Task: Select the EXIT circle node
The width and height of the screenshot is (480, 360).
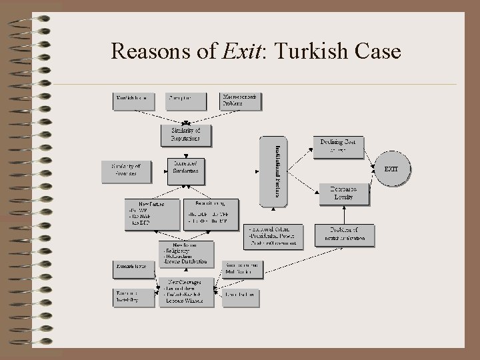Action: [391, 169]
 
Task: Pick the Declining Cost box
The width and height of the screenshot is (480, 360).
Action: [339, 146]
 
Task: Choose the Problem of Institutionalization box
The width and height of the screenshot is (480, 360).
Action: [345, 234]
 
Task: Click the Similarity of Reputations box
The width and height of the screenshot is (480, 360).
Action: [186, 134]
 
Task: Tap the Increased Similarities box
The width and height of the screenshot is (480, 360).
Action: [186, 171]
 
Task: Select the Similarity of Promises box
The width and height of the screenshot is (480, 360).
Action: [127, 171]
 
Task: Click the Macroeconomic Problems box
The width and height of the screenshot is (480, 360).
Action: [241, 100]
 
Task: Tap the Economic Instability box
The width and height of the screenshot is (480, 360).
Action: [133, 297]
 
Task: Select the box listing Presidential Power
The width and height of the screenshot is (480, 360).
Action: [273, 236]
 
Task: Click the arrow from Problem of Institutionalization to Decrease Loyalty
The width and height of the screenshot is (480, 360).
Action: [345, 215]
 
